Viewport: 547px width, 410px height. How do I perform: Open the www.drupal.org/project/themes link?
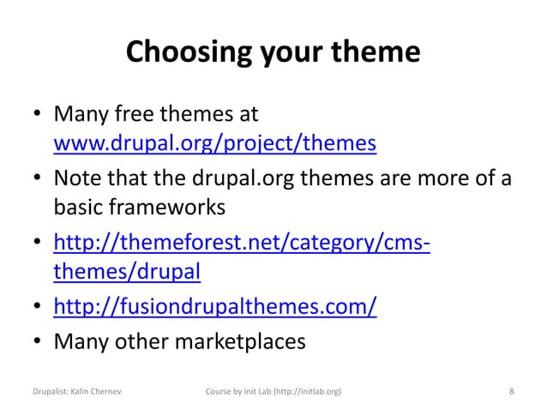215,142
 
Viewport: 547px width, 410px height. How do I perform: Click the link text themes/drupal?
128,272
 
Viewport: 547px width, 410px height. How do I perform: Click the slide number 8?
512,391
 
